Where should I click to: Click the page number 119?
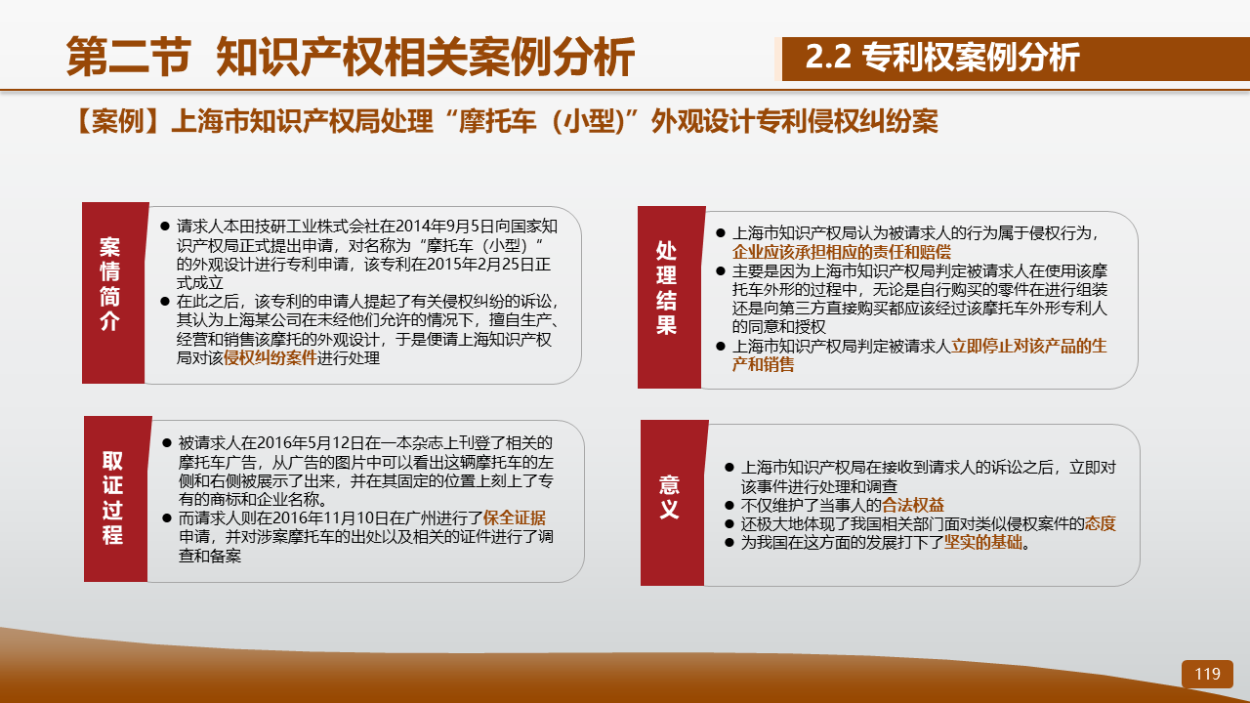(x=1207, y=674)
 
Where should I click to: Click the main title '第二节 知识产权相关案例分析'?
(x=351, y=57)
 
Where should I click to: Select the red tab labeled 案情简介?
(x=114, y=293)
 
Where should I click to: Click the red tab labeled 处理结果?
(x=670, y=298)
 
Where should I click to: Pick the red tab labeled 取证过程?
(x=116, y=499)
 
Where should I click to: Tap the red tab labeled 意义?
(x=673, y=503)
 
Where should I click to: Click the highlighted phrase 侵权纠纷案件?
(x=271, y=358)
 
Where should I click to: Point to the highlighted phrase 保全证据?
(x=515, y=517)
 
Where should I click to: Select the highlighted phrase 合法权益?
(x=913, y=506)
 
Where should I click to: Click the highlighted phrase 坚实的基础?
(x=983, y=542)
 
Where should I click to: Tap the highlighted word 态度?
(x=1101, y=524)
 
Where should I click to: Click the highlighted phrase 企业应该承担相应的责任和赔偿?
(x=842, y=252)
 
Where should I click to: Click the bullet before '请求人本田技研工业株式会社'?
(x=165, y=227)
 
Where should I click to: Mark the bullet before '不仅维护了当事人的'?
(x=729, y=506)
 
